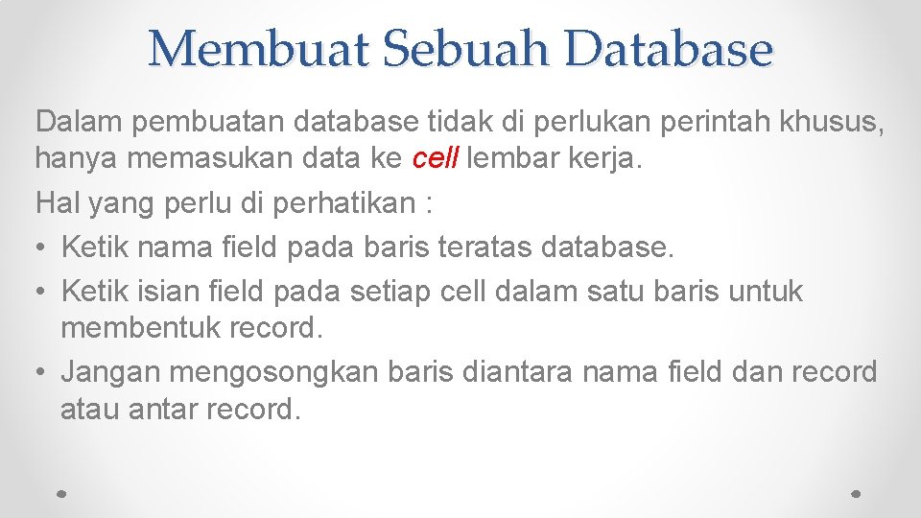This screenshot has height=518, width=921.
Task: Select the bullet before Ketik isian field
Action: pyautogui.click(x=40, y=292)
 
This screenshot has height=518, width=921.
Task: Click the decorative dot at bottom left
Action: pyautogui.click(x=61, y=492)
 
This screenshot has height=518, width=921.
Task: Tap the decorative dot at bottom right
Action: pyautogui.click(x=857, y=492)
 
